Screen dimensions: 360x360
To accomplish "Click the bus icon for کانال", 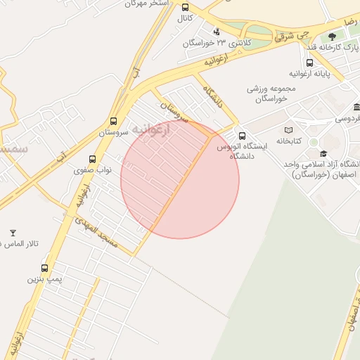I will click(x=185, y=5).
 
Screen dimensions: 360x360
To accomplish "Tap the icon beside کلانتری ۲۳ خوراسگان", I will click(x=216, y=31).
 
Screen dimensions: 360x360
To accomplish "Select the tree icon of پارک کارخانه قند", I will click(x=332, y=36).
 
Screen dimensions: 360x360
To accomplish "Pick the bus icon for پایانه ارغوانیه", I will click(x=310, y=62).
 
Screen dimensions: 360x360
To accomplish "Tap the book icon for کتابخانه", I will click(x=289, y=130).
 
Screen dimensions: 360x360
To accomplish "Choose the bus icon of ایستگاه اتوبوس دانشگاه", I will click(x=243, y=136).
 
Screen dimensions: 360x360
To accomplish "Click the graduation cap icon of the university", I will click(x=323, y=153).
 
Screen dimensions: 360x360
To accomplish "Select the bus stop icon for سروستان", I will click(x=114, y=121).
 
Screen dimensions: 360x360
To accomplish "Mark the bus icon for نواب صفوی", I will click(x=93, y=160).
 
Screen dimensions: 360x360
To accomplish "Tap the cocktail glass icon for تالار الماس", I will click(x=12, y=233).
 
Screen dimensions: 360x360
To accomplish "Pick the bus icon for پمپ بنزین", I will click(x=45, y=268).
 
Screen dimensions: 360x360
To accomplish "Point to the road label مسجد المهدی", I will click(x=98, y=235).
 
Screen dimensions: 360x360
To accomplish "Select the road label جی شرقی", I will click(x=294, y=34).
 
